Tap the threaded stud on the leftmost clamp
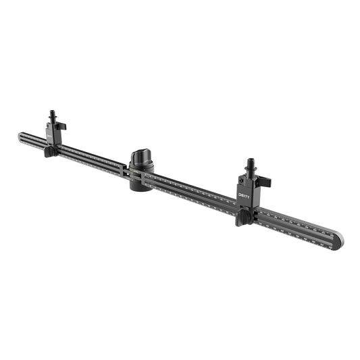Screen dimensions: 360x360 click(x=52, y=112)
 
